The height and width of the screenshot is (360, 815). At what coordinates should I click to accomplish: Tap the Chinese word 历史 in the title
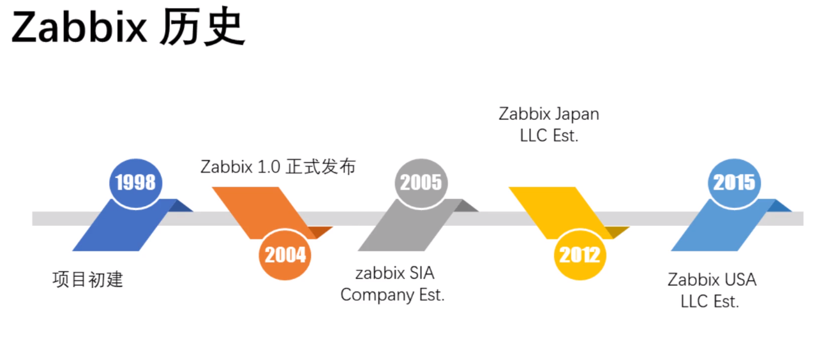point(202,29)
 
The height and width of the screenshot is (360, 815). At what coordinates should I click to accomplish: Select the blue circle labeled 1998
point(135,183)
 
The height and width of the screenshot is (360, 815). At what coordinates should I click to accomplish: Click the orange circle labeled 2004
point(285,255)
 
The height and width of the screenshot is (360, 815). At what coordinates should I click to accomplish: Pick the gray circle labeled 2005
point(421,183)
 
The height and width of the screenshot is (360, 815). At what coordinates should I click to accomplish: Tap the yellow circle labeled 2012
point(579,255)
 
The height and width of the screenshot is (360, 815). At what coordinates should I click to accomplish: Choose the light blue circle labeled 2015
point(734,183)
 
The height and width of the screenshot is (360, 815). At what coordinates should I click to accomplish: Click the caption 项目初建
point(87,280)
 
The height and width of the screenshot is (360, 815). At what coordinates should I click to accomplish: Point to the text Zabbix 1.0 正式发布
point(278,167)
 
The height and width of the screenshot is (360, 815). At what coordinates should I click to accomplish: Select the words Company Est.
point(393,296)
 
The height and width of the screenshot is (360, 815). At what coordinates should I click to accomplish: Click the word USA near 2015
point(740,280)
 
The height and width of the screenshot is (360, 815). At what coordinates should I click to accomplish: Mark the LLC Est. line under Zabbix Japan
point(549,136)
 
